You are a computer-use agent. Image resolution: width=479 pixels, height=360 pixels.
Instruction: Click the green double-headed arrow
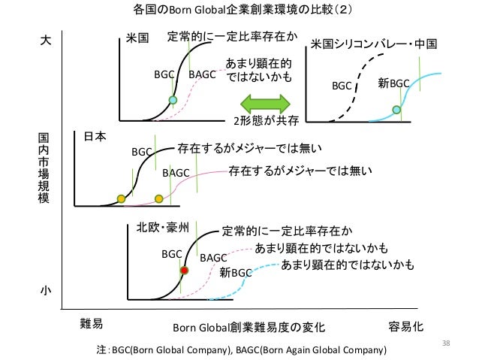pyautogui.click(x=265, y=103)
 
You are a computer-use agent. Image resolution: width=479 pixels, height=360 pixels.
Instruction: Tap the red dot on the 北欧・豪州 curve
pyautogui.click(x=184, y=270)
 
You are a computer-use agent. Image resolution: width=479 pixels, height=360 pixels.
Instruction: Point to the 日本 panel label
pyautogui.click(x=95, y=137)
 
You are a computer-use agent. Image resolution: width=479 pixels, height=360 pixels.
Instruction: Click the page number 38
pyautogui.click(x=445, y=343)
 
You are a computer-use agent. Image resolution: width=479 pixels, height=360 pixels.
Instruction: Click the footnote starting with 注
pyautogui.click(x=236, y=349)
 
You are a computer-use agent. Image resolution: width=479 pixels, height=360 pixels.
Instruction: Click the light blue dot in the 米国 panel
pyautogui.click(x=173, y=100)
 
